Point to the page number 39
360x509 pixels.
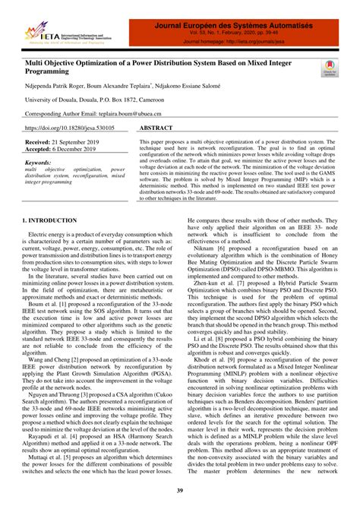181,492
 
